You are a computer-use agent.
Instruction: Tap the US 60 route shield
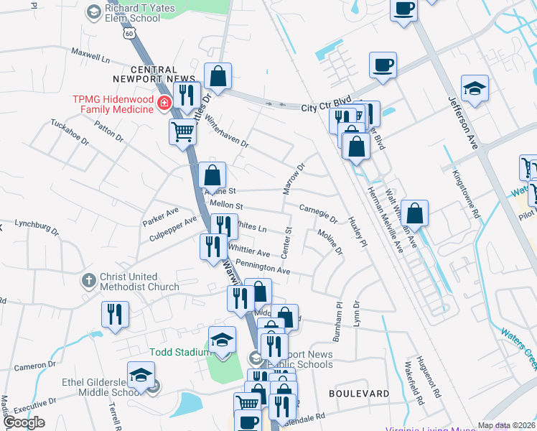point(127,33)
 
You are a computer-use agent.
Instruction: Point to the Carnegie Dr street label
point(318,213)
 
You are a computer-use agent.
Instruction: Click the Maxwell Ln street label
point(90,55)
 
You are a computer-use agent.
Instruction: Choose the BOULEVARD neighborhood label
point(359,394)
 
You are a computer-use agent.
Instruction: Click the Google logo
point(23,422)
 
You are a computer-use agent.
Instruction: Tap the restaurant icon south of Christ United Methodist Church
point(115,314)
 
